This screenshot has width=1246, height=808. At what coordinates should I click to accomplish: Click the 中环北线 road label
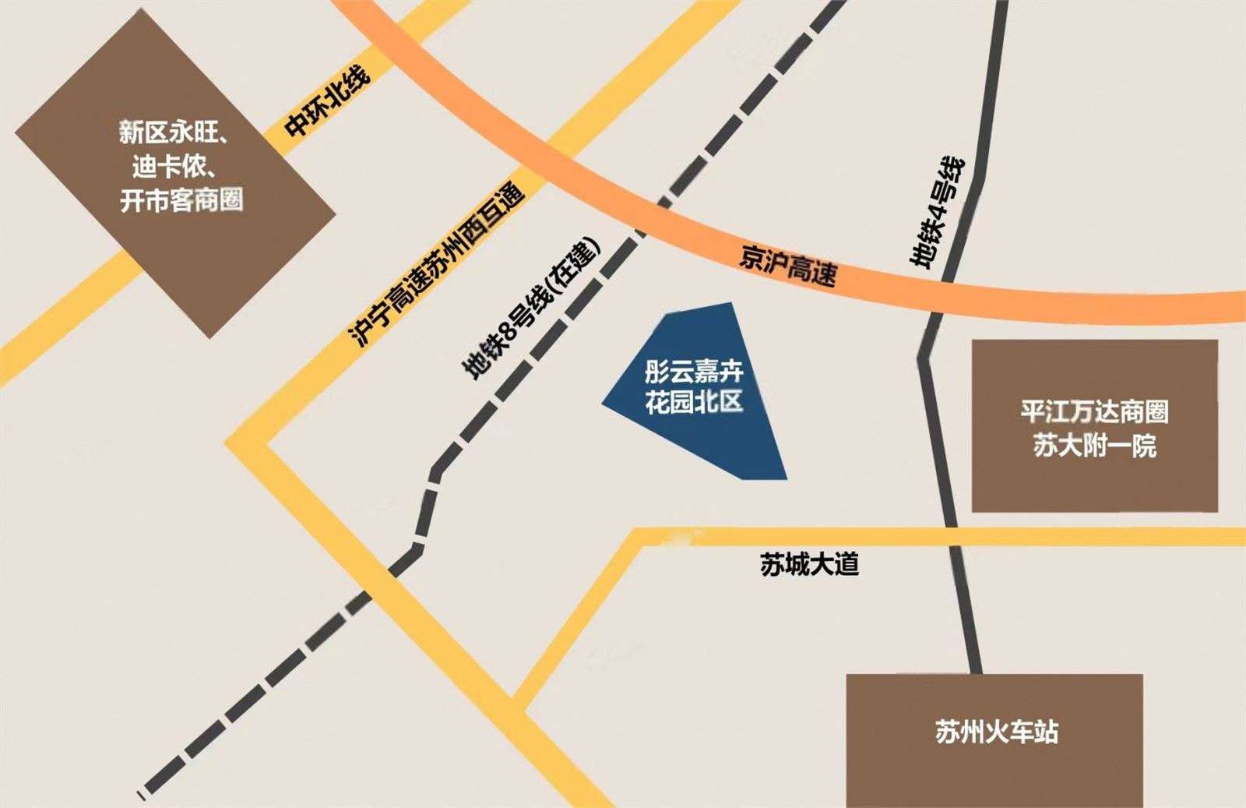click(x=327, y=102)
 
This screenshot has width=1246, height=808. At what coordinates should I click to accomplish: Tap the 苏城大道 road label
click(x=809, y=564)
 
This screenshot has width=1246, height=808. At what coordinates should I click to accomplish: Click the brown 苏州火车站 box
click(x=994, y=740)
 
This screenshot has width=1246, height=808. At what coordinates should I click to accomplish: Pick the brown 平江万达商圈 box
click(x=1094, y=425)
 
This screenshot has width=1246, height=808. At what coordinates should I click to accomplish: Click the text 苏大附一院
click(x=1094, y=446)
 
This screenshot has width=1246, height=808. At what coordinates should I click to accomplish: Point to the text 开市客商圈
click(x=181, y=201)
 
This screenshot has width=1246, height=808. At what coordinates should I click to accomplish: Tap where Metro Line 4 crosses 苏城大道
click(x=953, y=537)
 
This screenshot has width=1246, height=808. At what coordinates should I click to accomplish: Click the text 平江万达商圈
click(x=1094, y=411)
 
